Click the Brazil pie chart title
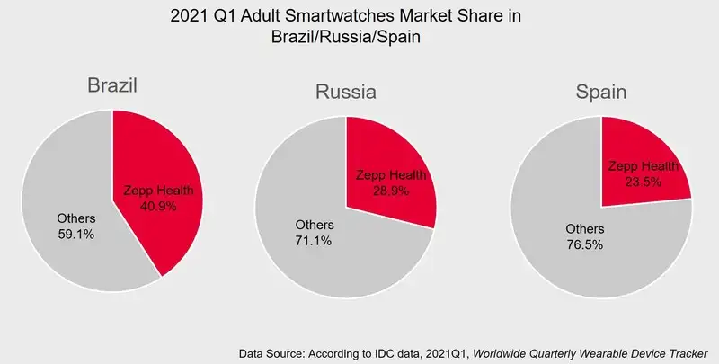[x=111, y=85]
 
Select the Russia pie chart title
[x=345, y=92]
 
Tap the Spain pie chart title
[x=601, y=92]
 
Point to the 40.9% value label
[x=158, y=206]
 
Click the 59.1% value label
[x=75, y=234]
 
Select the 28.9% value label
[x=391, y=191]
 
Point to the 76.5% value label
[x=583, y=244]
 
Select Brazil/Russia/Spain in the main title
[x=346, y=39]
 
